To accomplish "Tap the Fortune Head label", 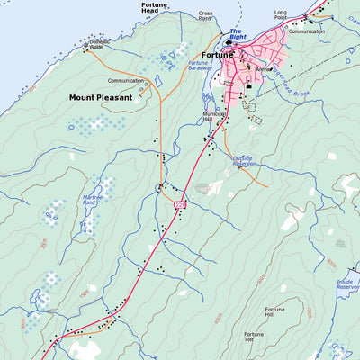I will pyautogui.click(x=154, y=9).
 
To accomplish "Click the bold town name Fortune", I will pyautogui.click(x=218, y=54).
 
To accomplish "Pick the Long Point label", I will pyautogui.click(x=281, y=14).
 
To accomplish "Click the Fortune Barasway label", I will pyautogui.click(x=199, y=67).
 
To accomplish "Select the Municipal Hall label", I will pyautogui.click(x=214, y=117).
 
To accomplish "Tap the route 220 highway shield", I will pyautogui.click(x=180, y=206).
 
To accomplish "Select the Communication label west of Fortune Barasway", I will pyautogui.click(x=125, y=80).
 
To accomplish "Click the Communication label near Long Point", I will pyautogui.click(x=307, y=31).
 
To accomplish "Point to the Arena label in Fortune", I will pyautogui.click(x=262, y=68).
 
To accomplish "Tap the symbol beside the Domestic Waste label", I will pyautogui.click(x=86, y=42).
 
